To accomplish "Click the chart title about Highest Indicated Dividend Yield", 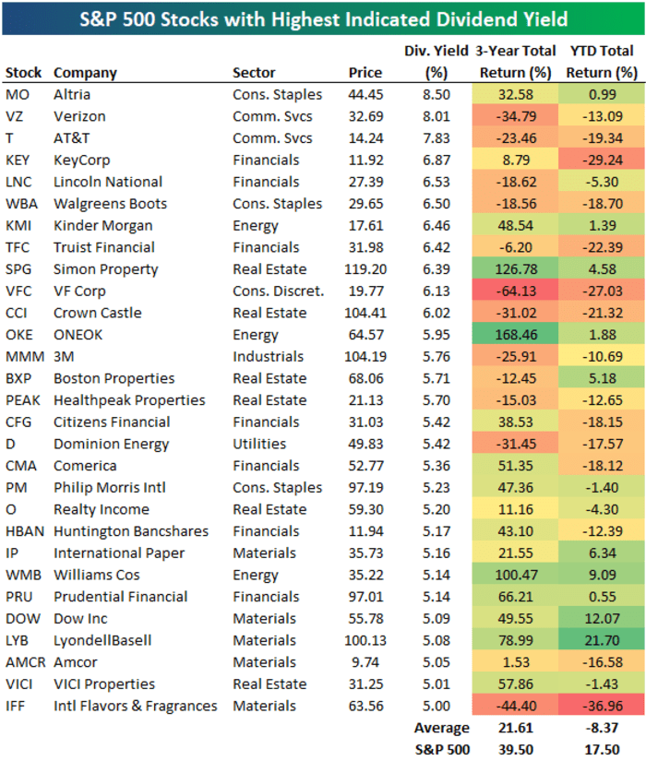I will pos(323,18).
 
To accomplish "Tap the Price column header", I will pos(365,73).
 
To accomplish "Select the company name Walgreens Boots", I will pos(110,204).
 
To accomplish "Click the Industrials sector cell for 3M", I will pos(268,357).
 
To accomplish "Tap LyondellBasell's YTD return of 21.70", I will pos(601,640).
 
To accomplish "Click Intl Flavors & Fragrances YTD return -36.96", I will pos(601,706).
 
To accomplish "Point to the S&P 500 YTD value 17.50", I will pos(601,749).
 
